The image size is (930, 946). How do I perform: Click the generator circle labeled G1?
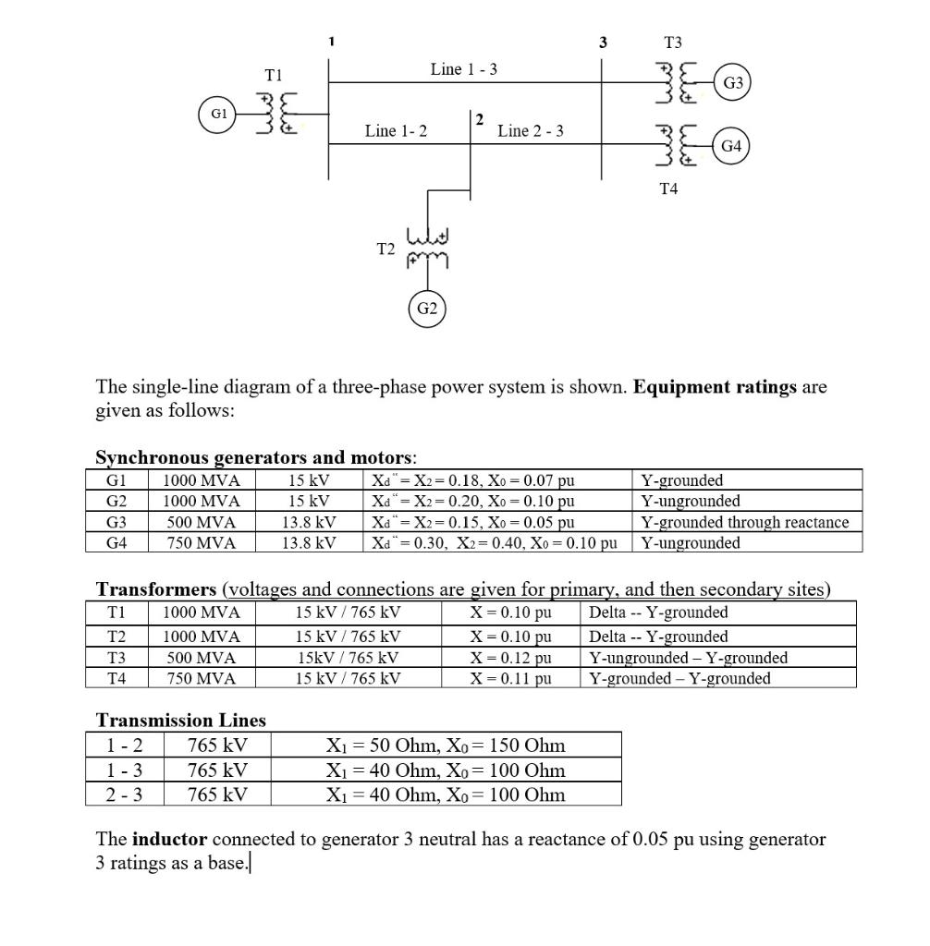click(219, 115)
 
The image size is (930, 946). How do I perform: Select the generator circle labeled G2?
click(426, 309)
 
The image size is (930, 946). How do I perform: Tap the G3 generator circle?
click(733, 82)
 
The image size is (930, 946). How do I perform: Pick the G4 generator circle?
click(731, 145)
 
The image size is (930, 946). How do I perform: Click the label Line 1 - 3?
click(464, 69)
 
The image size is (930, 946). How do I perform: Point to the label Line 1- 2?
click(396, 131)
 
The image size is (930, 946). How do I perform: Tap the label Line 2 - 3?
click(531, 131)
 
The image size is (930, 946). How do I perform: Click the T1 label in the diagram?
click(274, 74)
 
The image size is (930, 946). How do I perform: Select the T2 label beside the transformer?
click(386, 249)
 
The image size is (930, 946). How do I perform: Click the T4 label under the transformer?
click(668, 189)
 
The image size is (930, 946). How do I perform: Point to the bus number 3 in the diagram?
click(603, 42)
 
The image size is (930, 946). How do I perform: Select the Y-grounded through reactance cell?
click(745, 522)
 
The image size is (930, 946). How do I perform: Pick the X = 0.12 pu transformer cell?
click(510, 658)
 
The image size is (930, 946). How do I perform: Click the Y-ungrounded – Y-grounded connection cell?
click(688, 658)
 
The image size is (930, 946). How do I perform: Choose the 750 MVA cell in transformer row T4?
click(201, 678)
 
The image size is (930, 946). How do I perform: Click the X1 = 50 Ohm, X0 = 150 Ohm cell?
click(446, 746)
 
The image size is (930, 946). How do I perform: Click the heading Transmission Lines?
click(181, 720)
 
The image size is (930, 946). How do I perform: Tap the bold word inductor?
click(169, 840)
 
